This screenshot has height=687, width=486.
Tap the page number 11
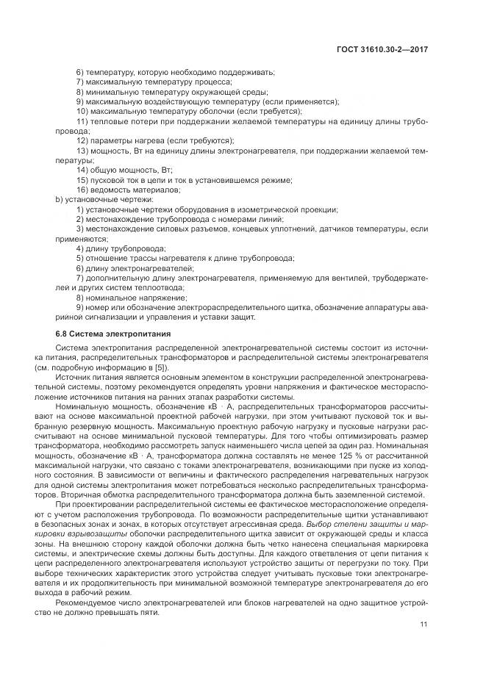(424, 624)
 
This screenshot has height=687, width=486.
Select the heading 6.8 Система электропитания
(101, 334)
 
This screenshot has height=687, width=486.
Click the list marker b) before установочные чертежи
(60, 198)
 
